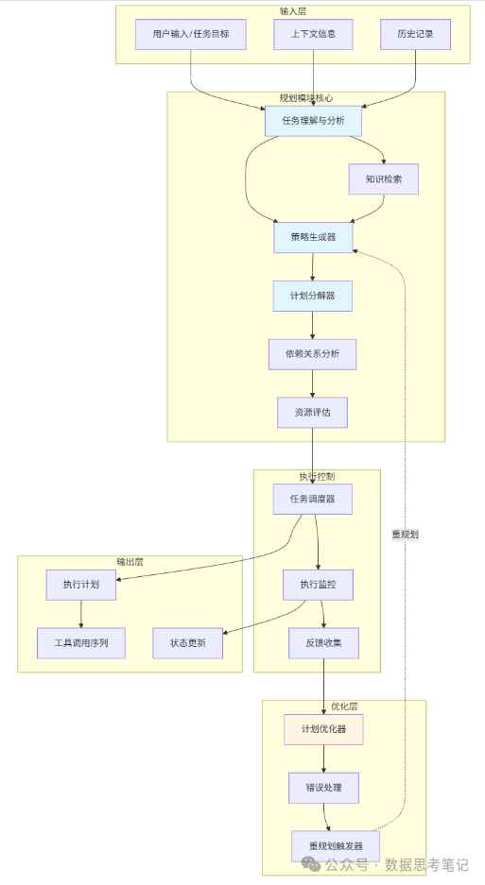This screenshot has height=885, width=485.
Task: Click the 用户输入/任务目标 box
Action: point(190,34)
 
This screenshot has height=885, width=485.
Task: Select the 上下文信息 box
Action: point(312,34)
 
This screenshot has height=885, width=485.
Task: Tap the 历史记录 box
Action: point(415,34)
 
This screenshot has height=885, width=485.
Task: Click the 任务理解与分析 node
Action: point(313,121)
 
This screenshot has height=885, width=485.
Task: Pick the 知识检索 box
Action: point(383,179)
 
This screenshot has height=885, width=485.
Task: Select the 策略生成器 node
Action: point(313,237)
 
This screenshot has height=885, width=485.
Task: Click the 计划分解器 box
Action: point(313,296)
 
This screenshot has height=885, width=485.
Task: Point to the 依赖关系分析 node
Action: point(313,354)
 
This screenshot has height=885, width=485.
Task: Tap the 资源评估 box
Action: point(312,413)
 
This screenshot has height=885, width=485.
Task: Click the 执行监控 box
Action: point(318,585)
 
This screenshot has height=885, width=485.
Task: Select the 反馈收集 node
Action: point(323,643)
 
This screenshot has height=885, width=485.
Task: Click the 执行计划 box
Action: point(81,585)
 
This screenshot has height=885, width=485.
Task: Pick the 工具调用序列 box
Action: point(81,643)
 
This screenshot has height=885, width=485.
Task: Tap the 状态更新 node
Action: point(187,643)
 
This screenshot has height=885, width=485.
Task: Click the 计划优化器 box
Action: point(323,729)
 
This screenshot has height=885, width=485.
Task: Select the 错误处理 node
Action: point(323,787)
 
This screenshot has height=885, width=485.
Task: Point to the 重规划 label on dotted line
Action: point(405,534)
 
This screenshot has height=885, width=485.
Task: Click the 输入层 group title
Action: point(293,11)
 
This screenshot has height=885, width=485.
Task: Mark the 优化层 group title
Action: point(344,706)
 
